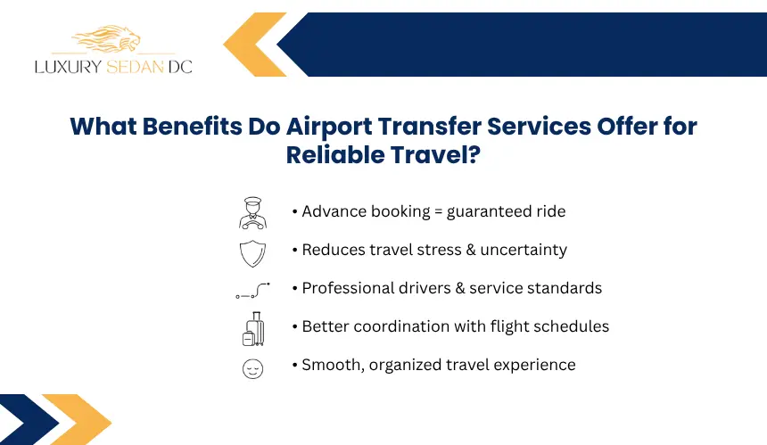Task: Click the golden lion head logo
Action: click(106, 38)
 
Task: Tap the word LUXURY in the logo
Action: click(69, 67)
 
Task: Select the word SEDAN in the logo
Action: click(135, 67)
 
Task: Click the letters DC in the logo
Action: click(180, 67)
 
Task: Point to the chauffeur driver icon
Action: click(253, 213)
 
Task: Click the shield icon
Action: click(253, 253)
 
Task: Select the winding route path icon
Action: click(253, 291)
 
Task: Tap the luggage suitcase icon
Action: click(253, 328)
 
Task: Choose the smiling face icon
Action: click(253, 368)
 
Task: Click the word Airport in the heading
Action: click(329, 127)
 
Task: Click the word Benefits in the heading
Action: click(193, 126)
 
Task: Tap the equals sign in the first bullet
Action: click(438, 211)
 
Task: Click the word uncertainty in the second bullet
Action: click(524, 250)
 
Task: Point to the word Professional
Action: click(348, 288)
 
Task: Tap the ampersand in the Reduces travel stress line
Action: click(471, 250)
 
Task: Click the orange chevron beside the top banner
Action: click(255, 45)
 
